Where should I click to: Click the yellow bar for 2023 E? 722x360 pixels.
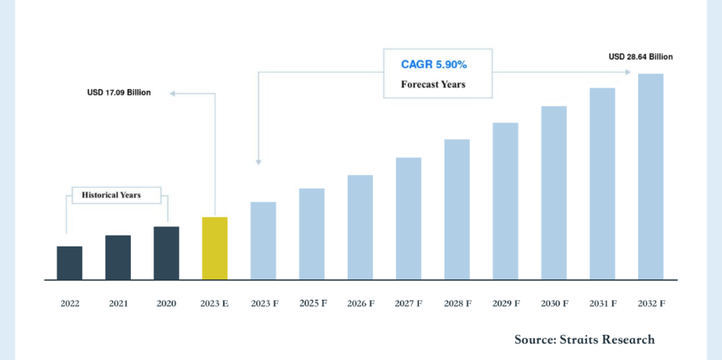[x=215, y=248]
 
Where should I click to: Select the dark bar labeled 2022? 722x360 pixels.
[x=69, y=263]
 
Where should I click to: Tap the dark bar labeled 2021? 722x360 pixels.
[x=117, y=257]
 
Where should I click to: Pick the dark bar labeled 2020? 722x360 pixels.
[x=166, y=253]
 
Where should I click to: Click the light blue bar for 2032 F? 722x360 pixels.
[x=651, y=176]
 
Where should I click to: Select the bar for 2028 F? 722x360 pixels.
[x=457, y=209]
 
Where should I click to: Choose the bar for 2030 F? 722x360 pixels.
[x=554, y=193]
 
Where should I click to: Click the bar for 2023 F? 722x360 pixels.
[x=263, y=240]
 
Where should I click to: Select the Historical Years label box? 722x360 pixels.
[x=116, y=195]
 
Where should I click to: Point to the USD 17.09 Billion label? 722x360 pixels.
[x=119, y=92]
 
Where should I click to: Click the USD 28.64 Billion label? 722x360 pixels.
[x=640, y=56]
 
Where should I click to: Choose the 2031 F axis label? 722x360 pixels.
[x=602, y=303]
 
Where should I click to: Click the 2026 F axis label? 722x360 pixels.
[x=360, y=303]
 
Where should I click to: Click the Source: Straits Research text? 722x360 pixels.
[x=584, y=339]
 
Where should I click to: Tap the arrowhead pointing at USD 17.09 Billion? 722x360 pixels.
[x=174, y=93]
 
